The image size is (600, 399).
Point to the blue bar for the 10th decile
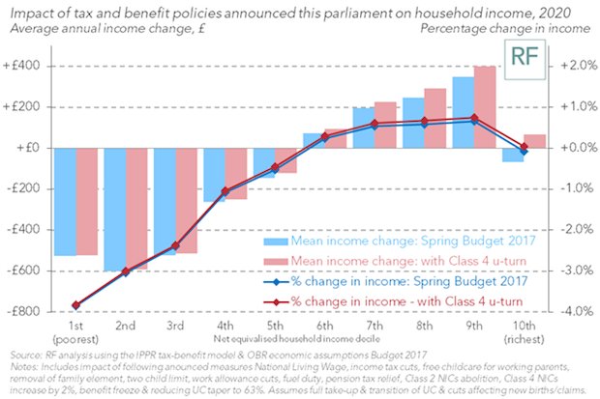(513, 155)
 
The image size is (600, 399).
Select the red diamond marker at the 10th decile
(524, 148)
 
